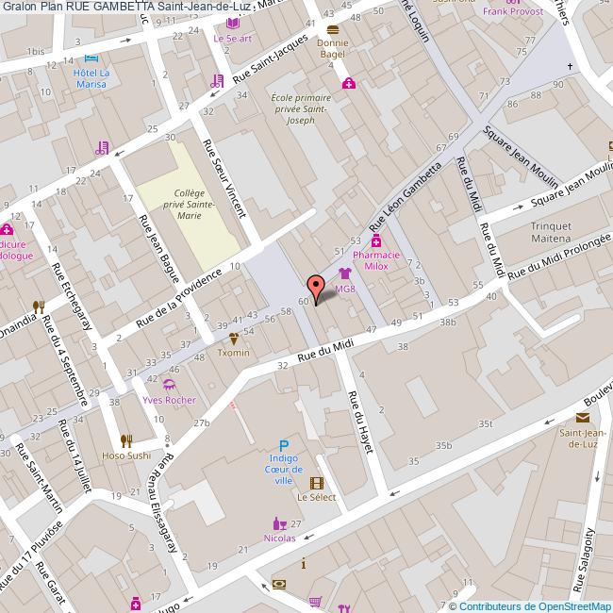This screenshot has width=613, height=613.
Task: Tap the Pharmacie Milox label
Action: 376,260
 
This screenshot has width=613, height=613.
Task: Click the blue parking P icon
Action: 283,446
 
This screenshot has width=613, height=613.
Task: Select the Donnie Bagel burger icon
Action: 332,28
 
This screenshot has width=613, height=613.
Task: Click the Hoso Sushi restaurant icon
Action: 125,440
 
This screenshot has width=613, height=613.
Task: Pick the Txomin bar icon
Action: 234,338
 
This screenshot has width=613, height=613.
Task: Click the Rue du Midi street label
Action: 325,349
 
